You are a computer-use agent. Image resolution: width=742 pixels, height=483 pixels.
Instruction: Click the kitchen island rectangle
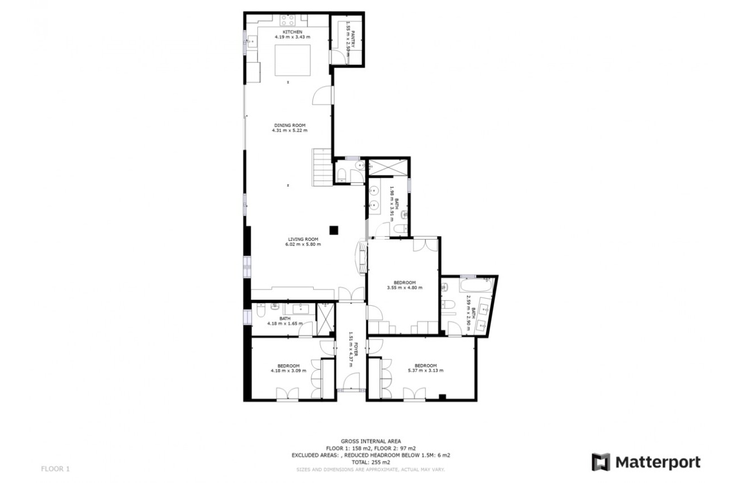coord(292,60)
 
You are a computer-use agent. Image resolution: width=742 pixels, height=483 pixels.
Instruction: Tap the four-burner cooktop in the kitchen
coord(288,20)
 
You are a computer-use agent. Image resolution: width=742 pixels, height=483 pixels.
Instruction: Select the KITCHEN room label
coord(292,31)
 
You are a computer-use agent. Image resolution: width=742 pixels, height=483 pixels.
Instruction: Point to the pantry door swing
coord(340,56)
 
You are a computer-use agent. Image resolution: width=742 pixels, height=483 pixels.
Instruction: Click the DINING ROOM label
coord(289,125)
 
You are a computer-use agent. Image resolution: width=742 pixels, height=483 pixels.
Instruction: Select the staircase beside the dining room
coord(322,167)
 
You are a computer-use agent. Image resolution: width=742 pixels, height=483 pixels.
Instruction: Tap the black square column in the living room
coord(334,229)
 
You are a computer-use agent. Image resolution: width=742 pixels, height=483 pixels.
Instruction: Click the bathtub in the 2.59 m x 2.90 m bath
coord(474,286)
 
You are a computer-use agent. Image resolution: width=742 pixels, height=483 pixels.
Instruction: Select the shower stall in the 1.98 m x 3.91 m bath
coord(388,167)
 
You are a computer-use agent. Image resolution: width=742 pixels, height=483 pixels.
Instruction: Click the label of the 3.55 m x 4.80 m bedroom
coord(404,282)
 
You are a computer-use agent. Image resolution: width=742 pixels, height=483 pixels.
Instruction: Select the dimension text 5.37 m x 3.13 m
coord(426,371)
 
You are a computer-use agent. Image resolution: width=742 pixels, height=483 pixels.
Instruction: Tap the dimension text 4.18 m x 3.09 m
coord(288,371)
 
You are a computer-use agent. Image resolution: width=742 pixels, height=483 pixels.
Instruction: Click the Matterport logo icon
coord(601,462)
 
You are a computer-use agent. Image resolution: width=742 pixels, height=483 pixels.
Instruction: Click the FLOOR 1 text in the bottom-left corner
coord(56,468)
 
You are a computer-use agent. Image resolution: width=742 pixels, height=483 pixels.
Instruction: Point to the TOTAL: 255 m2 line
coord(370,462)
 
